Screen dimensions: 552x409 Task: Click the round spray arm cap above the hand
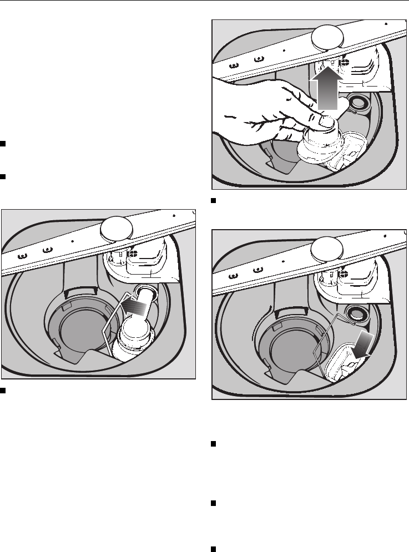coord(327,38)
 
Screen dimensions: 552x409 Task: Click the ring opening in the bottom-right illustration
coord(355,313)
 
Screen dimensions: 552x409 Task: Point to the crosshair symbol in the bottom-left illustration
coord(132,253)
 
